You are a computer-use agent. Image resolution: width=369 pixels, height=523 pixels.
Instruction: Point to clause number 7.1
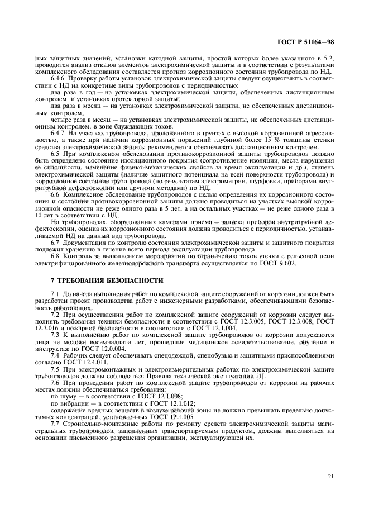click(x=55, y=294)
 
